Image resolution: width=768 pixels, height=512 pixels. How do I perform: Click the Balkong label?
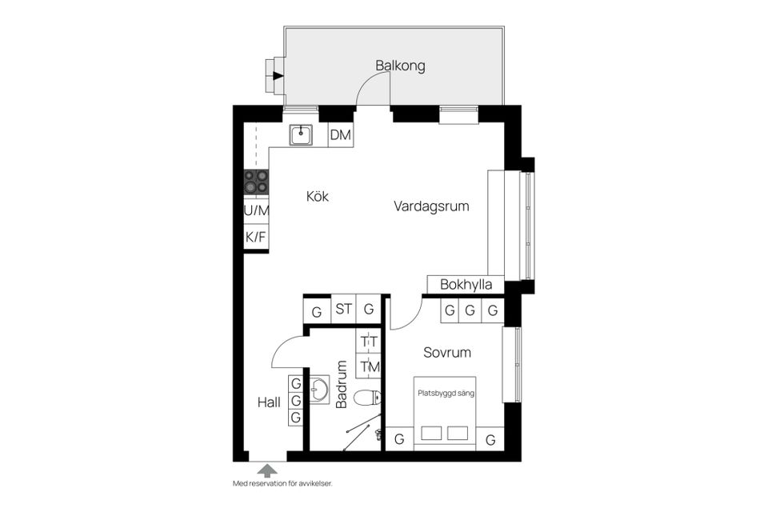400,66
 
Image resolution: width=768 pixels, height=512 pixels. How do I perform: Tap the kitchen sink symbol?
301,134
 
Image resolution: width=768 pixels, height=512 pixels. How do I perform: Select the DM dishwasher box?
341,136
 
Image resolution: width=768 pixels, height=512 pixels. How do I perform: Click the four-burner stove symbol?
256,182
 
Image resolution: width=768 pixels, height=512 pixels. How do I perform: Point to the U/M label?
256,210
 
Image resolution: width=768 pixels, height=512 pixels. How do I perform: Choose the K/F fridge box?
256,237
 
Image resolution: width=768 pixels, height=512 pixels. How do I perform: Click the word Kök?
317,196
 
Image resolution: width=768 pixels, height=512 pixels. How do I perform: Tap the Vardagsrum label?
431,206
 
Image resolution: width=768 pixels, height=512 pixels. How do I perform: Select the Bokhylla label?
466,286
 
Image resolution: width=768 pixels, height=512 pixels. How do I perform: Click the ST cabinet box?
343,309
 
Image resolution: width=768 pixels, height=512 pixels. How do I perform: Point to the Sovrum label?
447,352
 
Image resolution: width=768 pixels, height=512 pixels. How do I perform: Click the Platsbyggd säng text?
445,393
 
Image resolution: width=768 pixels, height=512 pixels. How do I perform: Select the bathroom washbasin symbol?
320,390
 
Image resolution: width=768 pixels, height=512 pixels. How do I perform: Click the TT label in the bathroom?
369,342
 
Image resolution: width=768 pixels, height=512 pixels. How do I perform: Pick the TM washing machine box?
369,366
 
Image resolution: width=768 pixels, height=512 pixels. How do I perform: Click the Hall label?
269,402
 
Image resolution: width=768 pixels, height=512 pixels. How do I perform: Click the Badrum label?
342,385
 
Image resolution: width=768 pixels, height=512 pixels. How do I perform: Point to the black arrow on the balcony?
278,77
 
